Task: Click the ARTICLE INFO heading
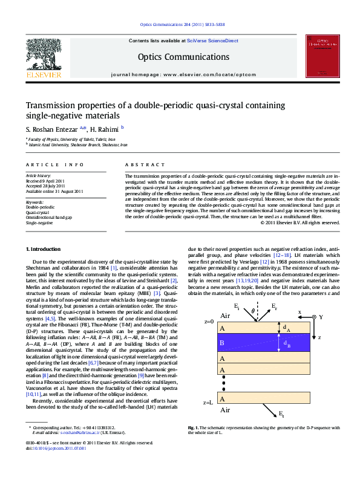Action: click(x=54, y=164)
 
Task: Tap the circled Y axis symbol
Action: click(x=313, y=317)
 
